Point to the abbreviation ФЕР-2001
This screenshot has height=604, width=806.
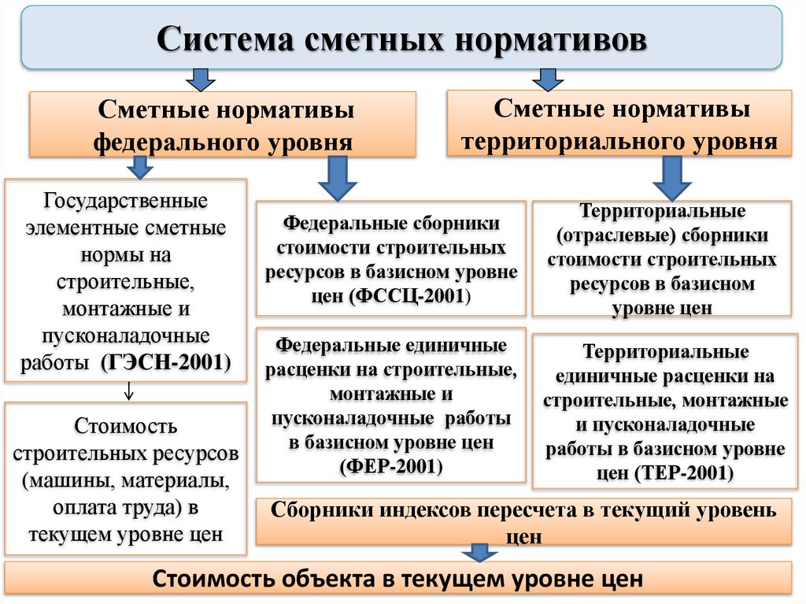click(391, 465)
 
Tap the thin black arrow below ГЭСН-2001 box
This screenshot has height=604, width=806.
click(129, 391)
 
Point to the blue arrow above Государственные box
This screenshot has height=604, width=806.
click(139, 165)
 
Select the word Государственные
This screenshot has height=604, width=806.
click(126, 201)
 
